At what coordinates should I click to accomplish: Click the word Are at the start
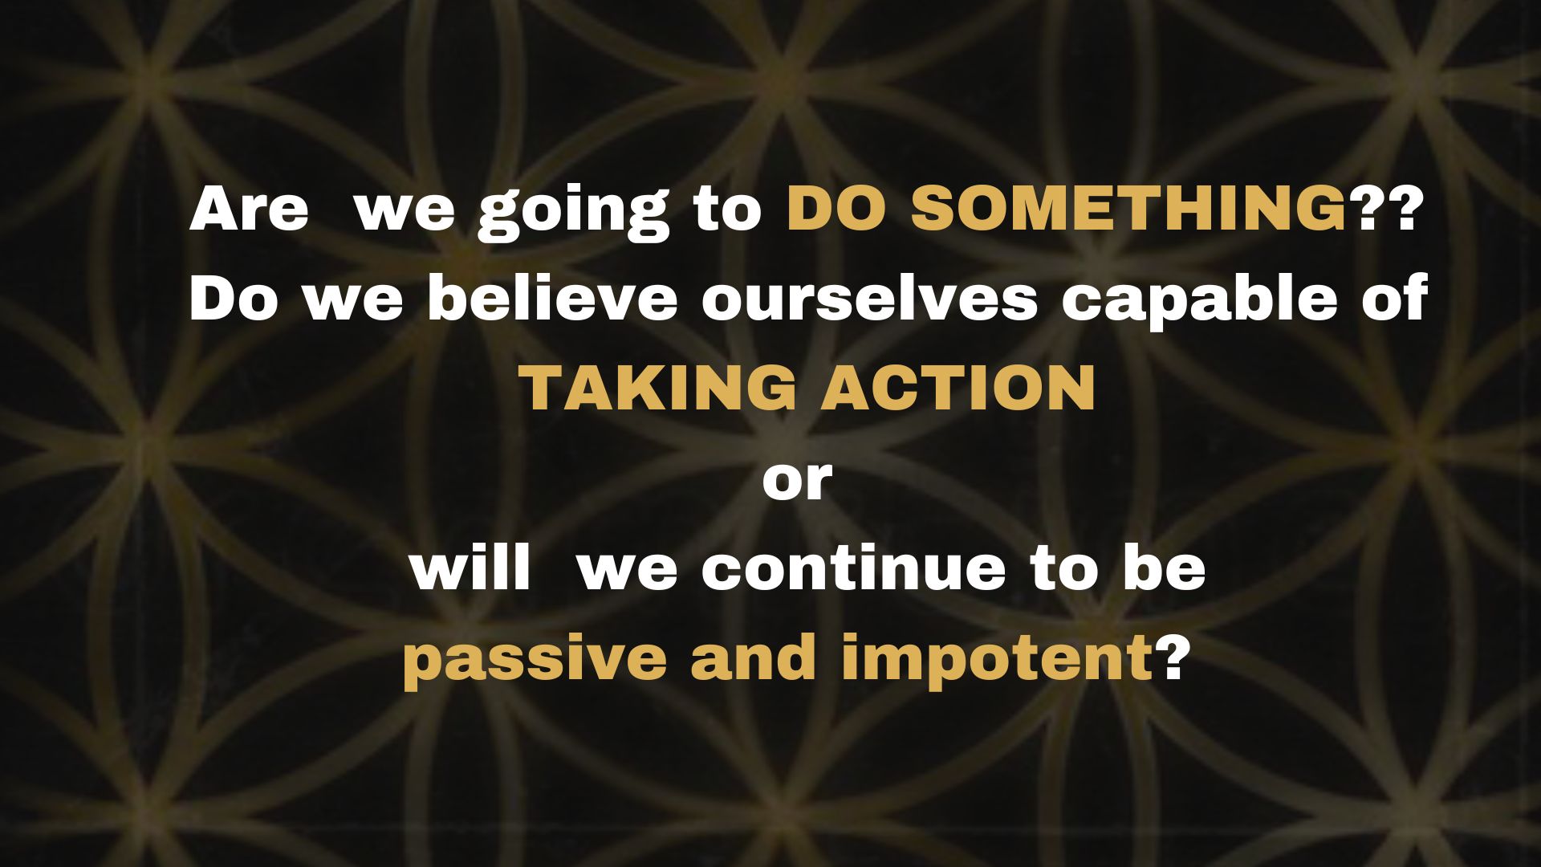(249, 209)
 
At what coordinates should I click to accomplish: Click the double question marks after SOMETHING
(1381, 209)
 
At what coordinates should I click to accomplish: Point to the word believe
(553, 298)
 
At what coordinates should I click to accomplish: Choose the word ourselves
(870, 298)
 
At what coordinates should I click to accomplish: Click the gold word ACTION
(958, 388)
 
